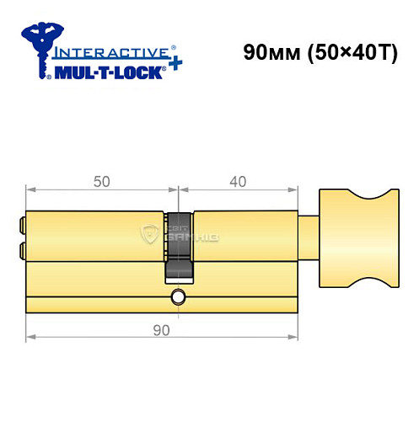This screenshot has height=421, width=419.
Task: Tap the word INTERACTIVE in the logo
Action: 105,52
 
